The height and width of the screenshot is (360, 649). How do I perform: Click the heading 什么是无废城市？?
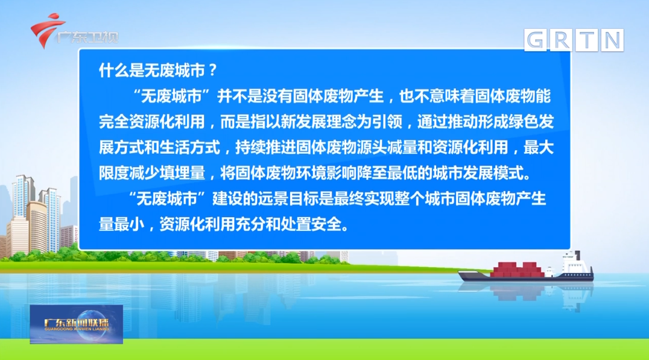(x=158, y=71)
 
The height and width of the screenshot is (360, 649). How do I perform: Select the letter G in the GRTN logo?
(x=536, y=40)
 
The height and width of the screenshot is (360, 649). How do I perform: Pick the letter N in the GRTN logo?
(x=612, y=40)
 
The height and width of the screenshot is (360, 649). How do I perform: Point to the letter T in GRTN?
(x=587, y=40)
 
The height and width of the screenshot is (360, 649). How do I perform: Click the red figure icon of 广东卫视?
(x=47, y=30)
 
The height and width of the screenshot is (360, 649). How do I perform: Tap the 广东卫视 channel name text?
(x=87, y=37)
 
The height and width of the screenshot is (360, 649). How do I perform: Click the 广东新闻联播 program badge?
(x=76, y=324)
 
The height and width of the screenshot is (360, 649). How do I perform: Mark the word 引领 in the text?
(x=387, y=122)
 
